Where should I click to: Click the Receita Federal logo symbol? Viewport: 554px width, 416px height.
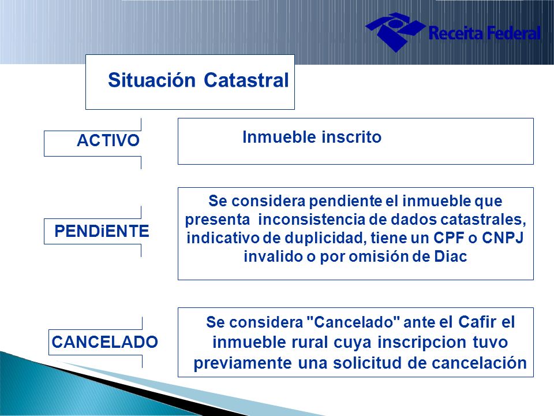tap(395, 32)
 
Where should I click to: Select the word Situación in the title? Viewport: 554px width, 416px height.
tap(152, 80)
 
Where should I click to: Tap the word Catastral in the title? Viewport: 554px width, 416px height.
tap(246, 80)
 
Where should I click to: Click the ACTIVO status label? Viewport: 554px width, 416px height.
tap(108, 140)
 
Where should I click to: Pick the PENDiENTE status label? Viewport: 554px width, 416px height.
tap(102, 231)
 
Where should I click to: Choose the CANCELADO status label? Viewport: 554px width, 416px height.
tap(104, 342)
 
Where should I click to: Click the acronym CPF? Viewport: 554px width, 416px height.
tap(448, 237)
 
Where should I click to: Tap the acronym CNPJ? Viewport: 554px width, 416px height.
tap(503, 237)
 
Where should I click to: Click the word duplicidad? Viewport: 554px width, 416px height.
tap(324, 237)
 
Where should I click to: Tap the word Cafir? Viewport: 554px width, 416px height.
tap(477, 322)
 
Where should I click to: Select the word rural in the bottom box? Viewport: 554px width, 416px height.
tap(309, 343)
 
